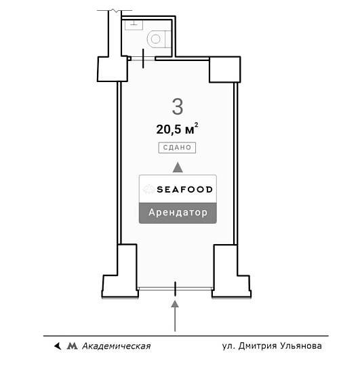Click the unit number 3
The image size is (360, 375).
coord(178,106)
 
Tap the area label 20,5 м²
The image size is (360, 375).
coord(177,129)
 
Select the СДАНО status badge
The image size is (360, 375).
coord(177,148)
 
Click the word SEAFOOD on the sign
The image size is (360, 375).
coord(184,190)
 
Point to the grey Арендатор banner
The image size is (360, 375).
coord(178,213)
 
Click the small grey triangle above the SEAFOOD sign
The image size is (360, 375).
coord(178,167)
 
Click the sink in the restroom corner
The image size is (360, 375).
coord(134,24)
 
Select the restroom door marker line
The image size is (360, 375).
coord(143,58)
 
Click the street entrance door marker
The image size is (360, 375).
coord(175,289)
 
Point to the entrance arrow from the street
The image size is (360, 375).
coord(175,316)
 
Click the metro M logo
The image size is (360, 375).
coord(72,346)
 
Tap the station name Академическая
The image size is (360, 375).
coord(117,346)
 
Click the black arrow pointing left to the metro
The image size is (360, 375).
coord(58,346)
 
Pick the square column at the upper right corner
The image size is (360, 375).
coord(224,70)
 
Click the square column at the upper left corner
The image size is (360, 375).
coord(113,69)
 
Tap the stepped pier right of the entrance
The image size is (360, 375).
coord(231,272)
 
